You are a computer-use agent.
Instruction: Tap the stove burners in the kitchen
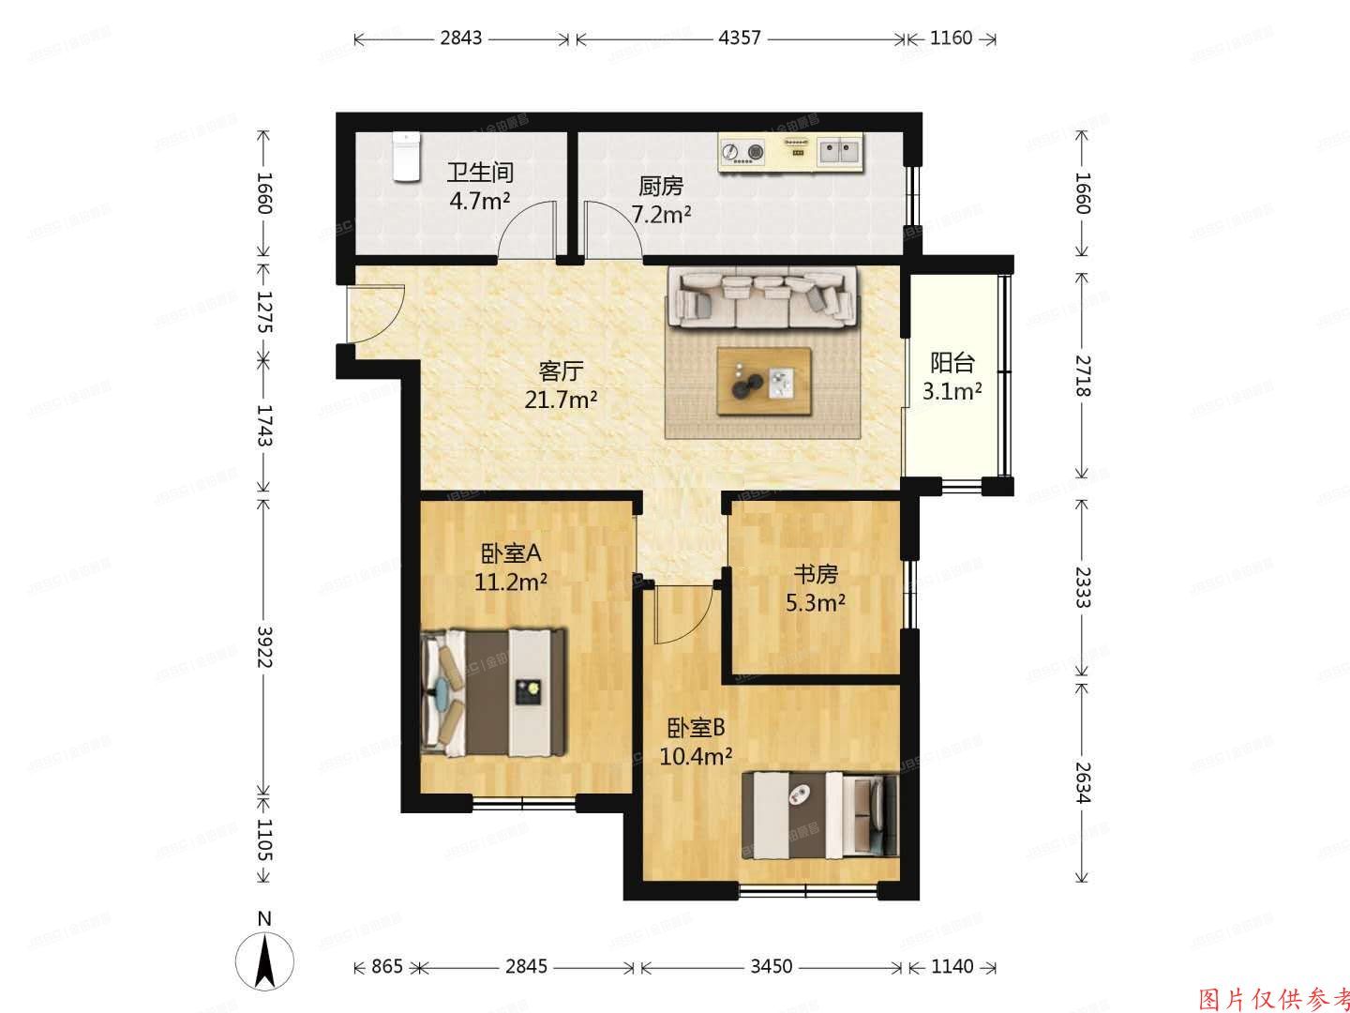tap(743, 151)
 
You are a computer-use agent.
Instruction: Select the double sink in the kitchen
tap(839, 151)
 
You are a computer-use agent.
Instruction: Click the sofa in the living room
tap(762, 296)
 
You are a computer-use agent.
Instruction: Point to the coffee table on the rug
tap(763, 381)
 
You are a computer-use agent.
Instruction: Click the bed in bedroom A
tap(495, 692)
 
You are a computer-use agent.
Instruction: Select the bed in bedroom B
tap(819, 814)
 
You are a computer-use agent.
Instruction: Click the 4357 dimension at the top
tap(739, 38)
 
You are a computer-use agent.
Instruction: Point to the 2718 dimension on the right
tap(1083, 375)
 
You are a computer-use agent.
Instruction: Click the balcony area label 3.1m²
tap(952, 392)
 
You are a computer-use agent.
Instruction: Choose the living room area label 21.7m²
tap(562, 401)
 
